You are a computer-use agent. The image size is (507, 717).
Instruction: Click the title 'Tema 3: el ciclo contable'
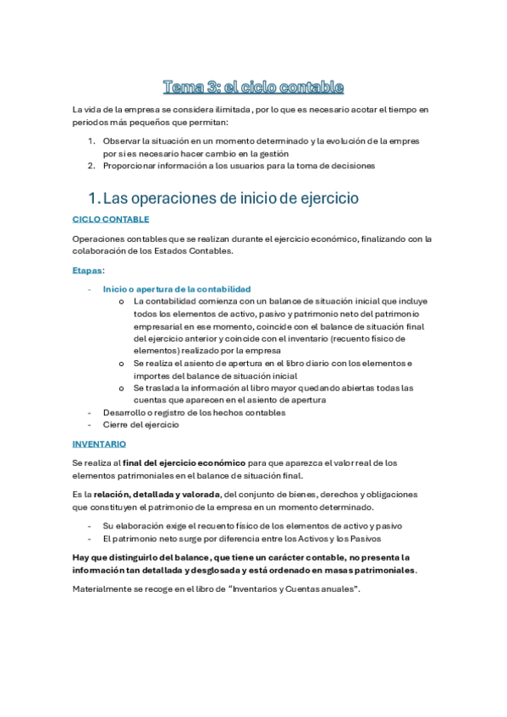[x=253, y=86]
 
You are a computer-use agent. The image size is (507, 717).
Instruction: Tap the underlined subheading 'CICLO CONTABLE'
[x=111, y=219]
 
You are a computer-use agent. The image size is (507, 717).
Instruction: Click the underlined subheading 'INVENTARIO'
[x=99, y=443]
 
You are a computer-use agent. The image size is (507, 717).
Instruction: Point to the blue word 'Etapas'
[x=88, y=271]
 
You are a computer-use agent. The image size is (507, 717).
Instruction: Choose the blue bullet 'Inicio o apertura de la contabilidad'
[x=176, y=289]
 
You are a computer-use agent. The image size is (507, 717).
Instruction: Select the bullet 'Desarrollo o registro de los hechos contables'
[x=194, y=413]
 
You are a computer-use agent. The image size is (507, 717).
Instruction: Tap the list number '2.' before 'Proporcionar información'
[x=92, y=166]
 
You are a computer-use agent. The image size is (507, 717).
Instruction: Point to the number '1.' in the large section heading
[x=94, y=198]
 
